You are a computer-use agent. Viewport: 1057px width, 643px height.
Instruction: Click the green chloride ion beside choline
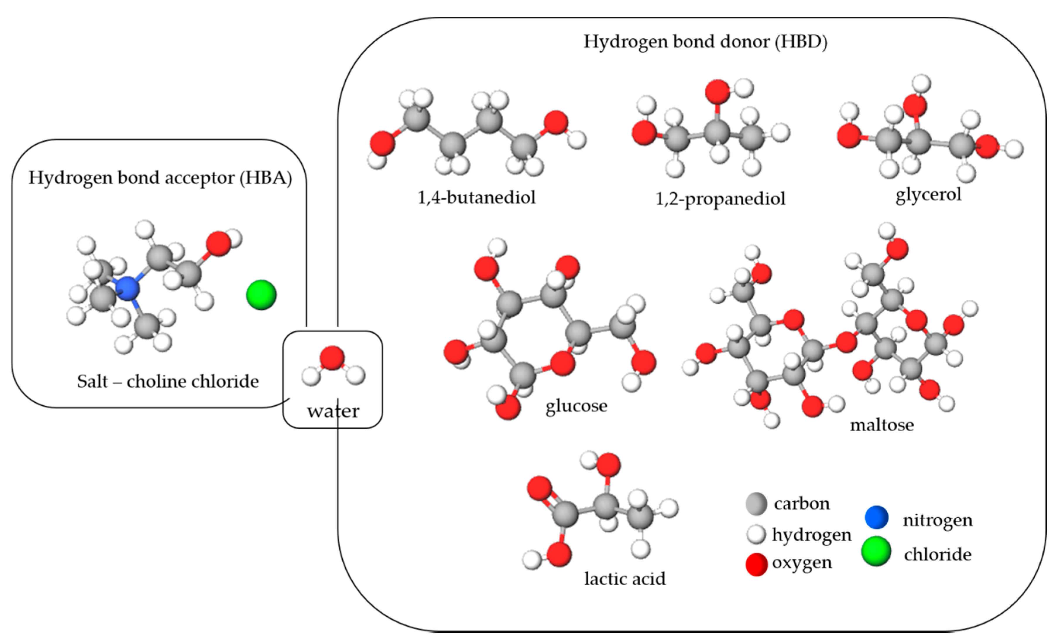[x=261, y=295]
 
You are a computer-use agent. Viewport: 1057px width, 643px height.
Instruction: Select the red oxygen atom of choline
[x=218, y=244]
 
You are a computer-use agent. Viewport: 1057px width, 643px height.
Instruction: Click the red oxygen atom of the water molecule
[x=332, y=358]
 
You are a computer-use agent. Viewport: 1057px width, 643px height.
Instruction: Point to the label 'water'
[x=333, y=411]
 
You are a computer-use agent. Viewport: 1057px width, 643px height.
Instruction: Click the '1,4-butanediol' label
[x=477, y=197]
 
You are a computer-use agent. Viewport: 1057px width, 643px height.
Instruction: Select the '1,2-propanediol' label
[x=720, y=199]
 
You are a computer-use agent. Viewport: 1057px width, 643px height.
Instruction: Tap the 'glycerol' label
[x=928, y=194]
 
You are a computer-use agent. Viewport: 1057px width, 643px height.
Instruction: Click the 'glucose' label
[x=576, y=405]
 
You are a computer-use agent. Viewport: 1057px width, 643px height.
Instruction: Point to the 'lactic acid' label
[x=624, y=579]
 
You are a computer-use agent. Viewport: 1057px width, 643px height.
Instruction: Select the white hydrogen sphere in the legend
[x=756, y=534]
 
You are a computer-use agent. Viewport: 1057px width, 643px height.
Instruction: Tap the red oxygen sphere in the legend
[x=756, y=564]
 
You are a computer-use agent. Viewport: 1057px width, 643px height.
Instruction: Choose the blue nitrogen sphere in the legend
[x=876, y=517]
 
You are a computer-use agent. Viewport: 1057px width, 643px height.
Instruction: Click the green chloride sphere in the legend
[x=876, y=551]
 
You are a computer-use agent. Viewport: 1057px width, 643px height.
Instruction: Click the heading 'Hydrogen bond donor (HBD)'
[x=705, y=42]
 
